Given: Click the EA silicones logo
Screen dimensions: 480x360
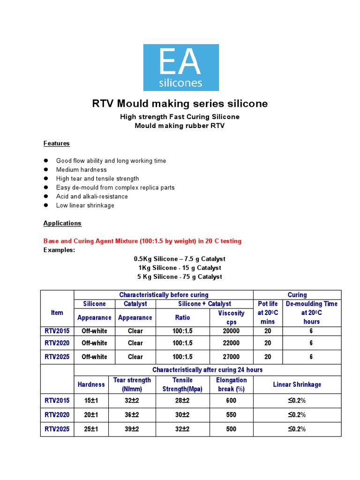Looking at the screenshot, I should click(180, 67).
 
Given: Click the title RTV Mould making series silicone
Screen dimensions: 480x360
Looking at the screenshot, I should click(180, 104).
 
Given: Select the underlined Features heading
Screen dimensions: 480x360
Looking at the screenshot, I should click(57, 143).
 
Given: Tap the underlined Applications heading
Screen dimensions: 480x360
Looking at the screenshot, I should click(62, 223).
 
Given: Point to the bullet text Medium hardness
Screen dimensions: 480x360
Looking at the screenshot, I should click(81, 170).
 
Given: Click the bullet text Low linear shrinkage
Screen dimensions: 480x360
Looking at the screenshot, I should click(85, 205).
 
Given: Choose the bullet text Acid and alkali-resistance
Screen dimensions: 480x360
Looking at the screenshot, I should click(92, 196).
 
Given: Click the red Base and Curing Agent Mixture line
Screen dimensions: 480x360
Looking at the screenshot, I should click(142, 241).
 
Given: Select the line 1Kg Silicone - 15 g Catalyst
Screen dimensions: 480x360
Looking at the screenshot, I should click(180, 268).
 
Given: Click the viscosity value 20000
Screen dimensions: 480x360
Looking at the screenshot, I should click(231, 331).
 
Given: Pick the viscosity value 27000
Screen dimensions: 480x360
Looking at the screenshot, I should click(231, 357).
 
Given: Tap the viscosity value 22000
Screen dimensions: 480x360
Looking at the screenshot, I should click(231, 343).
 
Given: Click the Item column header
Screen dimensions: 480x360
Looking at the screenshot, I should click(57, 312).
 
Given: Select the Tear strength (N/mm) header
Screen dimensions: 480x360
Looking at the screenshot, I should click(132, 384).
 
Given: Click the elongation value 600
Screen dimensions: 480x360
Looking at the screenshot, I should click(231, 401).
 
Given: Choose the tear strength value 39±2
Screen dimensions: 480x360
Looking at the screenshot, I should click(132, 429).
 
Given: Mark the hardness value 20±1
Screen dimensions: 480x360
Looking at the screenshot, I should click(91, 415).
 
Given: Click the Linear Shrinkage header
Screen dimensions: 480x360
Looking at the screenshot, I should click(297, 384).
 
